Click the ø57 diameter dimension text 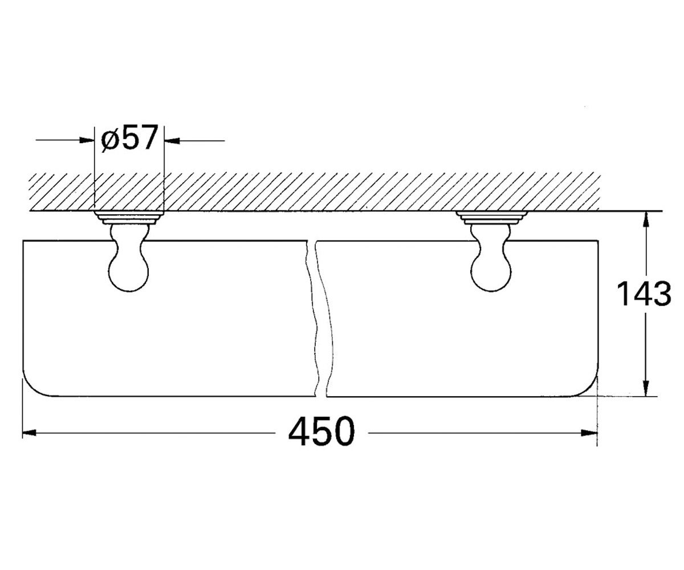(129, 138)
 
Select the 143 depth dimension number (644, 294)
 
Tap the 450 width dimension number (321, 431)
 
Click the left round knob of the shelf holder (129, 272)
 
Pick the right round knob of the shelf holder (491, 272)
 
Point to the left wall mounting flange (129, 218)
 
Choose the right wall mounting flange (491, 218)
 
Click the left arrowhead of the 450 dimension (29, 433)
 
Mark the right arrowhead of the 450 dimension (589, 433)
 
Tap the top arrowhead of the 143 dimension (646, 219)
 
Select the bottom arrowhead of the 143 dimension (646, 389)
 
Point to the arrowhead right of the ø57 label (172, 141)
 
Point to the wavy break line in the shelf (316, 319)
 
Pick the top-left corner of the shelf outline (23, 241)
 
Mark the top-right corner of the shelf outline (598, 241)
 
